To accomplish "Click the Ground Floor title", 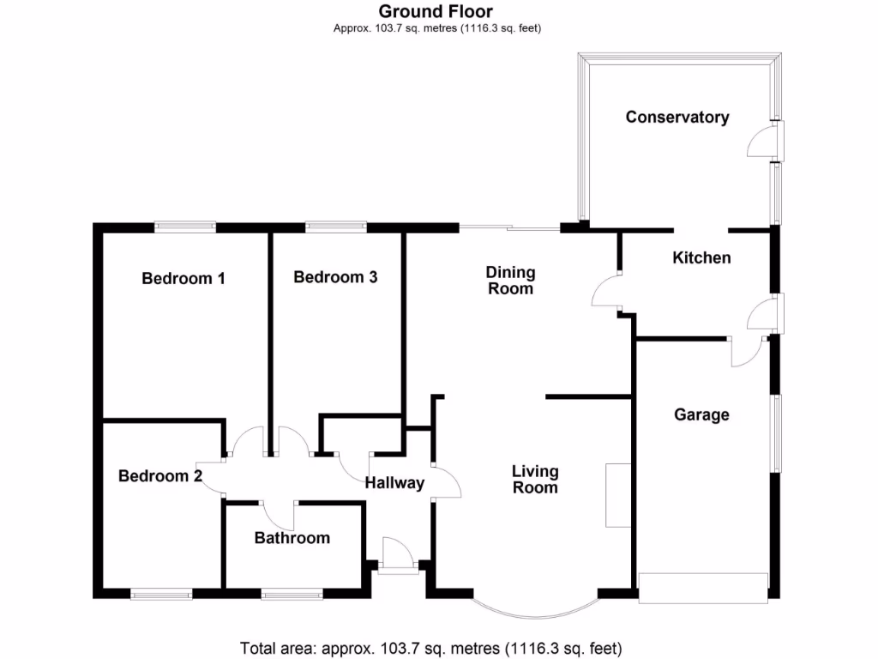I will (x=436, y=11).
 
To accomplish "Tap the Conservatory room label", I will (x=677, y=118).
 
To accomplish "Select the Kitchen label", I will (x=701, y=257).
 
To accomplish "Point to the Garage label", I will (x=701, y=415).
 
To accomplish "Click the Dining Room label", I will (x=510, y=281).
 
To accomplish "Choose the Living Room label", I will (x=535, y=480).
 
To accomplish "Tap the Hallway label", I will (x=394, y=483).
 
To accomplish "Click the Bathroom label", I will (x=292, y=538).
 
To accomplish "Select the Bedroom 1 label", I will (x=183, y=278).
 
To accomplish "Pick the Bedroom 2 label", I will (x=160, y=476).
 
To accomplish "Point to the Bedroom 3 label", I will (x=335, y=277).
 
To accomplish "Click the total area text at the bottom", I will (x=430, y=648).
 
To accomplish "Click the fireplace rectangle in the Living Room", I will (x=617, y=495).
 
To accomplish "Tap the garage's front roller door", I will (x=703, y=588).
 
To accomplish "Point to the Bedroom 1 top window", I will (x=185, y=227).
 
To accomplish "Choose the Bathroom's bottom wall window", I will (x=292, y=593).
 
